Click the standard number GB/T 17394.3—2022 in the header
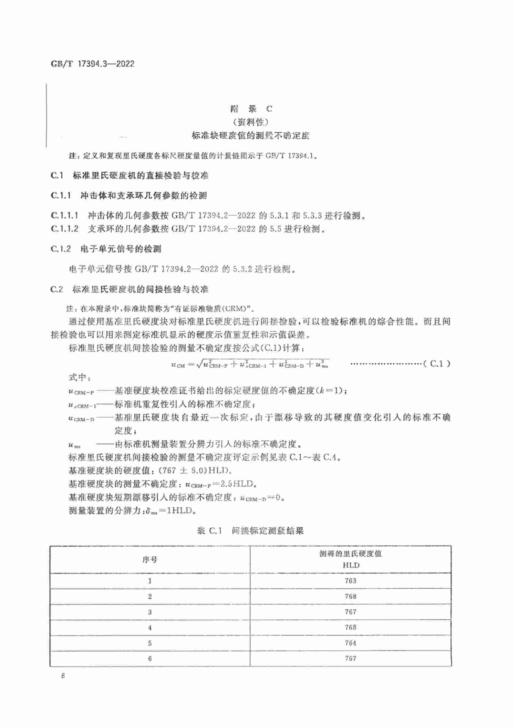coord(92,64)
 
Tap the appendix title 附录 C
coord(251,109)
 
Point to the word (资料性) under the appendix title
coord(251,122)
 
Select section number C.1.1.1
coord(64,216)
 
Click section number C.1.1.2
coord(64,229)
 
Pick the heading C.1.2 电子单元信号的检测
coord(106,249)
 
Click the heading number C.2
coord(57,289)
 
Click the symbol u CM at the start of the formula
coord(178,365)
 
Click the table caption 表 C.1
coord(209,531)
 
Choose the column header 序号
coord(150,559)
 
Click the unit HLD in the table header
coord(351,565)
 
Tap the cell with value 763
coord(350,581)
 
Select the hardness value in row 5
coord(350,643)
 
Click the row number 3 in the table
coord(150,612)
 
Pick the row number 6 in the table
coord(150,659)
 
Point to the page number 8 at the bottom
coord(63,676)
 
